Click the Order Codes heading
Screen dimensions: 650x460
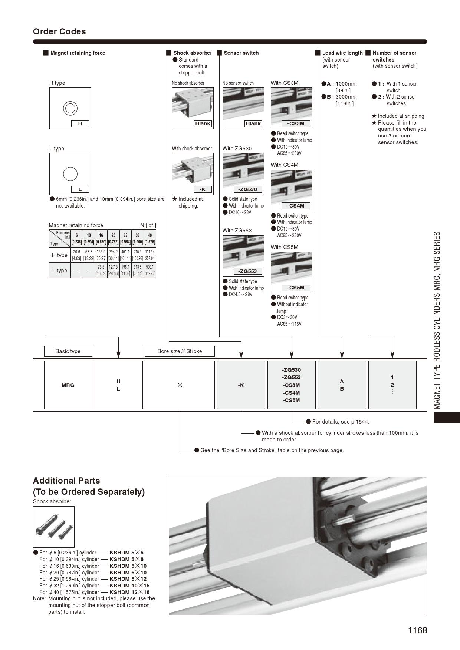(59, 31)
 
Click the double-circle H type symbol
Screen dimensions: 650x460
(70, 109)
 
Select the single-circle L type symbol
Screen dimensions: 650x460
(70, 173)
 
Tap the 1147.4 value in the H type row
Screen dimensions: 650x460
(150, 252)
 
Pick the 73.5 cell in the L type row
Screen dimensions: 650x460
(101, 267)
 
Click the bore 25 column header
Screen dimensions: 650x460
(125, 236)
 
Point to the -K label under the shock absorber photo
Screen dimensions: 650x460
(203, 189)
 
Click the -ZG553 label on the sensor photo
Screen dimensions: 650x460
(248, 271)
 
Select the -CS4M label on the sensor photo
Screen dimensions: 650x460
(295, 206)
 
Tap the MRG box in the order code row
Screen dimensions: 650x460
(68, 385)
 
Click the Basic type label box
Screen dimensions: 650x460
(68, 351)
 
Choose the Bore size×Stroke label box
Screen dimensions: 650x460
(180, 351)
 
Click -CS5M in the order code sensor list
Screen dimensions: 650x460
(291, 400)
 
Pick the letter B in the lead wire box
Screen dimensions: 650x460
(342, 389)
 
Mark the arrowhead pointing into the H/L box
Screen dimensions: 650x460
(118, 356)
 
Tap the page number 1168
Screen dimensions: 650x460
(417, 630)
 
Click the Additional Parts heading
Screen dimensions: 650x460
(66, 481)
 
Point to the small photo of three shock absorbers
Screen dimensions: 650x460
(54, 527)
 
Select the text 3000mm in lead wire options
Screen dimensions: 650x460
(346, 97)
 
